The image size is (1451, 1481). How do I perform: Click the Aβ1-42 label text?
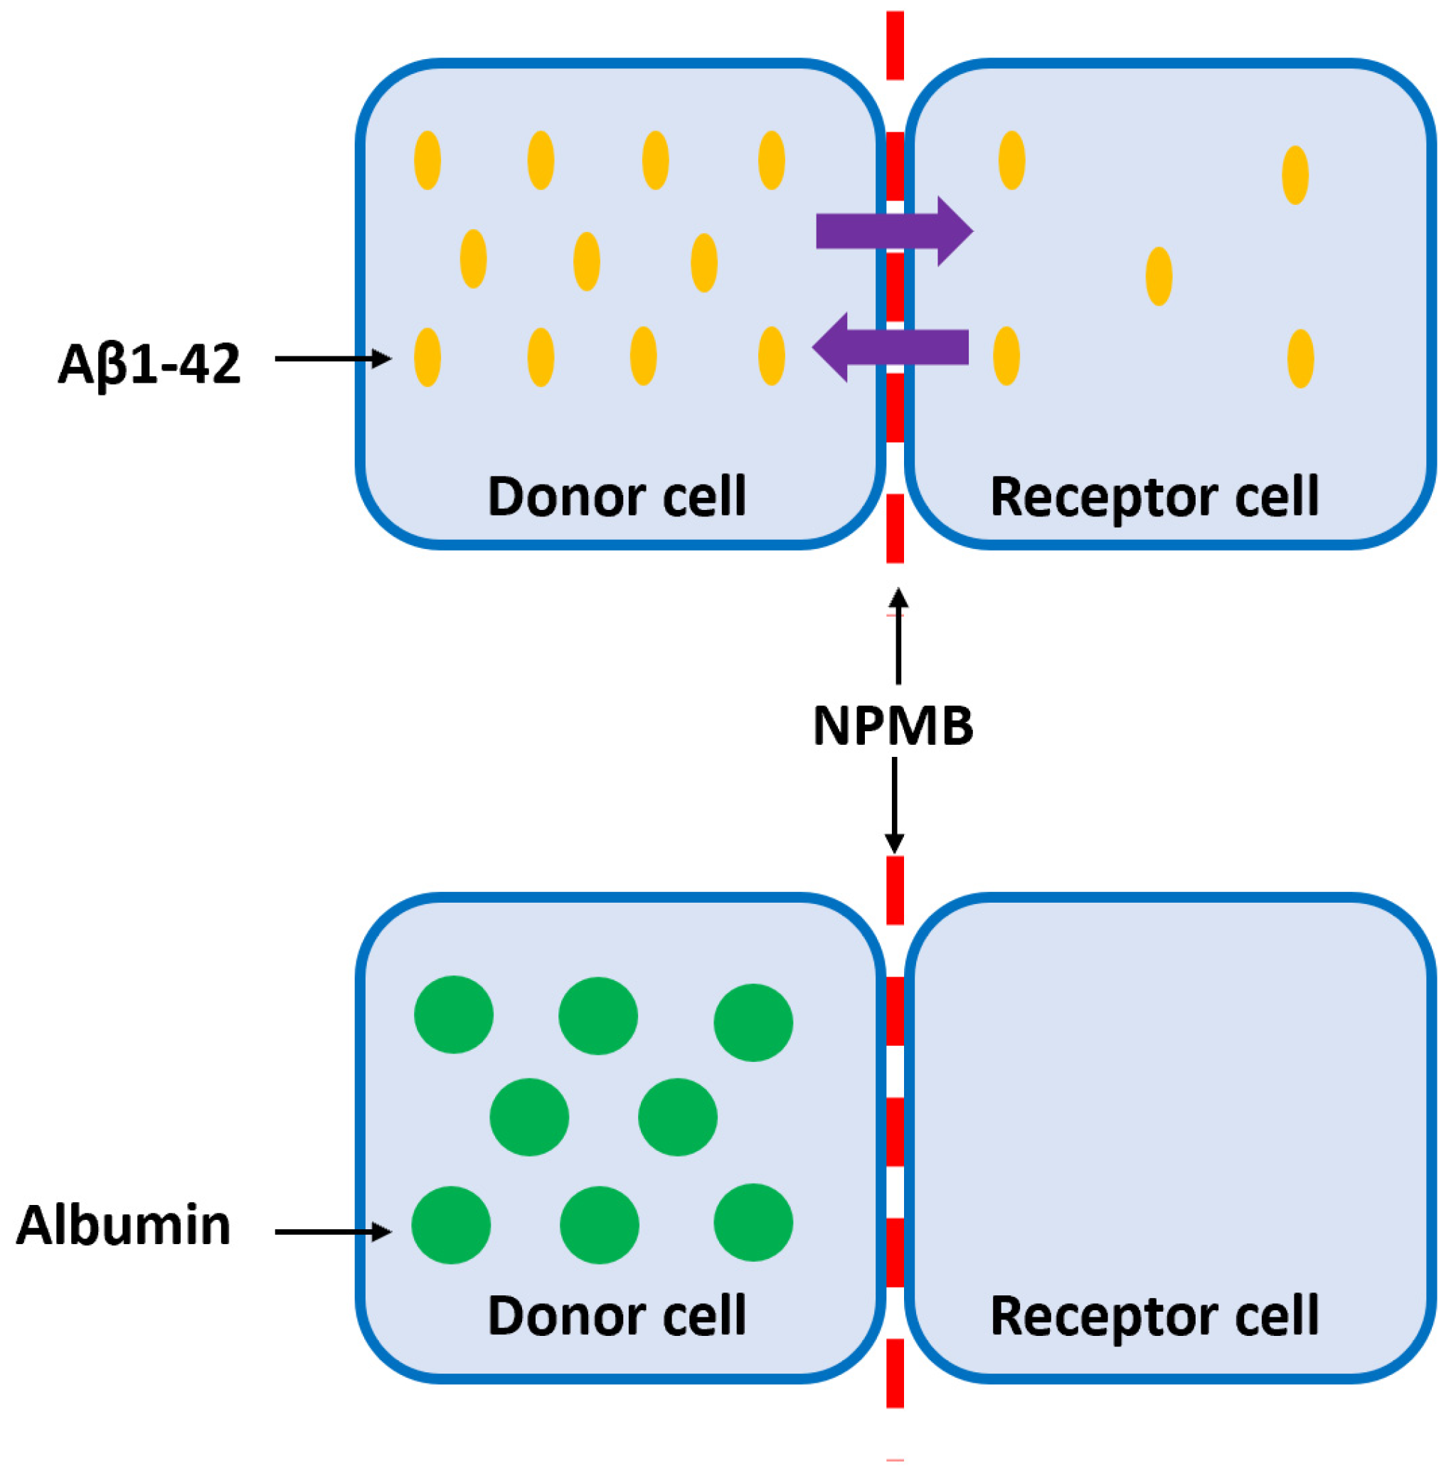[x=149, y=365]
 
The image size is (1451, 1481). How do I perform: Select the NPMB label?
[x=893, y=726]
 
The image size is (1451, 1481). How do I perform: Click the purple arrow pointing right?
[x=895, y=231]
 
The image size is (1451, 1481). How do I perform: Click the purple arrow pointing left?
[x=890, y=347]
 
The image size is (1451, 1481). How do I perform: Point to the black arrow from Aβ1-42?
[x=333, y=359]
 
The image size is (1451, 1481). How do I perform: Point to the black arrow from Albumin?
[x=333, y=1231]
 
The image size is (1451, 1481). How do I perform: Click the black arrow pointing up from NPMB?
[x=898, y=637]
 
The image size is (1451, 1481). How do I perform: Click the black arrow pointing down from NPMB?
[x=894, y=806]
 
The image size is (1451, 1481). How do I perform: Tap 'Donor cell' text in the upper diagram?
[x=617, y=497]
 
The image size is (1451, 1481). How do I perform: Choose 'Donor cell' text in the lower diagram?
[x=617, y=1317]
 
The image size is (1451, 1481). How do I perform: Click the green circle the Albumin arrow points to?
[x=451, y=1225]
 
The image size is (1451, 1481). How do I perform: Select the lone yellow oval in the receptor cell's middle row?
[x=1159, y=276]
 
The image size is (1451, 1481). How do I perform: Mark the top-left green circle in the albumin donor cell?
[x=455, y=1014]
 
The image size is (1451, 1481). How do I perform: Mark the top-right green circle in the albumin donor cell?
[x=754, y=1022]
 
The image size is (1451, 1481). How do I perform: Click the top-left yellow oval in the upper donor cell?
[x=427, y=160]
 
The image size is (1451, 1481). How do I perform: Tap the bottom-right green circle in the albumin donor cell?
[x=754, y=1223]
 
